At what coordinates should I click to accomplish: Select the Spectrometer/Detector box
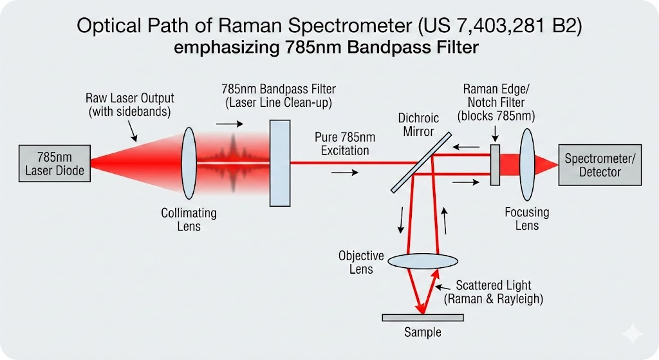(x=599, y=165)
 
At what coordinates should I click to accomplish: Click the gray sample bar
(x=422, y=317)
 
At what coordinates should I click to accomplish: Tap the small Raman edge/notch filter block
(x=495, y=165)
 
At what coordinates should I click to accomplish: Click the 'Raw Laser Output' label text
(x=129, y=105)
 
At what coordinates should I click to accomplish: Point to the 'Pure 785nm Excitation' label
(x=342, y=144)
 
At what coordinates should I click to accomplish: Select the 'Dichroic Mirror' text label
(x=418, y=124)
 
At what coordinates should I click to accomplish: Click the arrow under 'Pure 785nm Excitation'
(x=344, y=173)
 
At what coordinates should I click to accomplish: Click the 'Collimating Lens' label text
(x=189, y=220)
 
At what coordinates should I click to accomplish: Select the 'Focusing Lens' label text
(x=526, y=218)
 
